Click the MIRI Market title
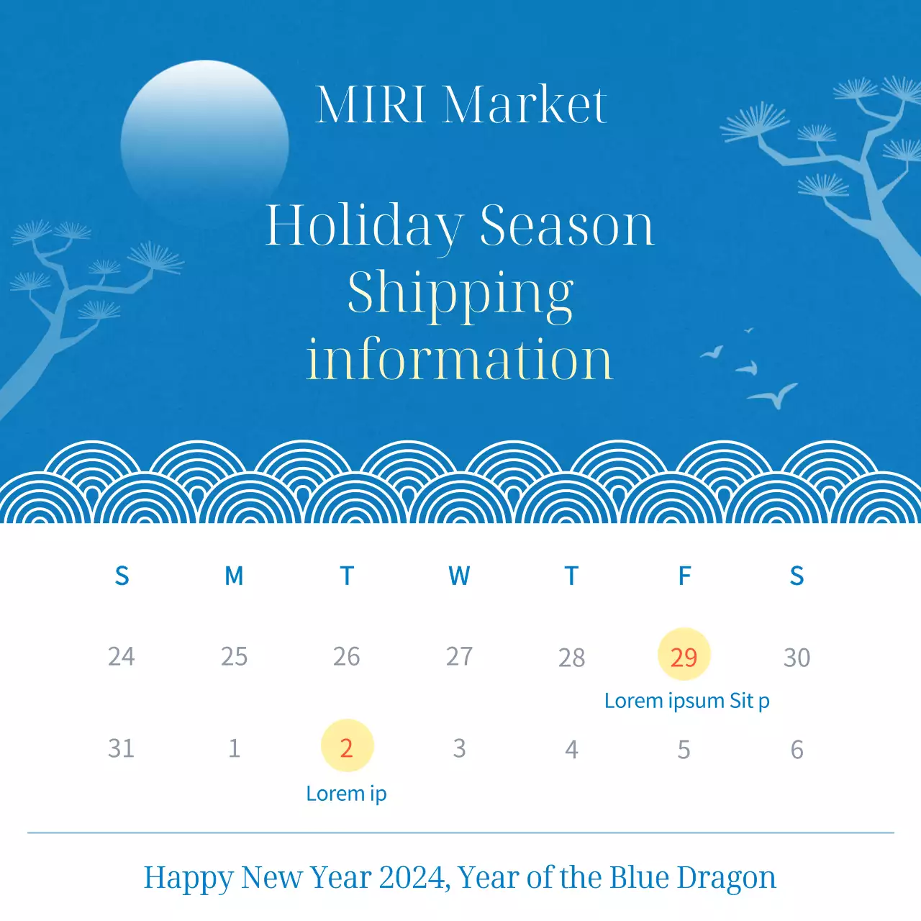click(461, 105)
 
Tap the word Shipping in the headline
click(460, 294)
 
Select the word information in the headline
click(460, 359)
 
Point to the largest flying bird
click(773, 395)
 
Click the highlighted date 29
click(684, 655)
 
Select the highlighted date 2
click(347, 747)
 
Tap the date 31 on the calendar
click(121, 748)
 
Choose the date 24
click(121, 656)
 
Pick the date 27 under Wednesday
click(459, 656)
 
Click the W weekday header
click(459, 576)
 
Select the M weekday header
click(234, 576)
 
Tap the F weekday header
click(684, 576)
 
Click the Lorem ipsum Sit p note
click(686, 701)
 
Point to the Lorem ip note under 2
click(346, 794)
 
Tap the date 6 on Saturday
click(797, 750)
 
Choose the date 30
click(797, 657)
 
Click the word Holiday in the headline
click(365, 225)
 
